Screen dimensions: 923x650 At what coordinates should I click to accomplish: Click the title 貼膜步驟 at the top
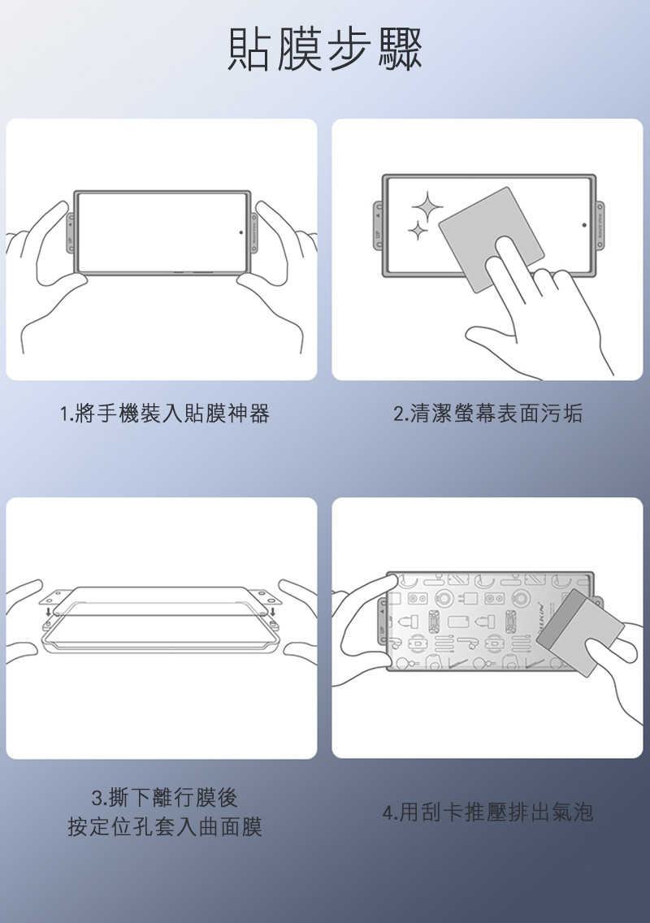(x=325, y=50)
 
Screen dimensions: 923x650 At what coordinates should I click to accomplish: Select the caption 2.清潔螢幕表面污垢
(x=487, y=414)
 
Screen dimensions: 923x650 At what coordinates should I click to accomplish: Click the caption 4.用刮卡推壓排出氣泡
(x=487, y=812)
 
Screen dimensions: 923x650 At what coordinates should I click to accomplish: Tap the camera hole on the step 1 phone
(x=240, y=232)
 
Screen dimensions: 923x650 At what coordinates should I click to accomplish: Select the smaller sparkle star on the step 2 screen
(x=418, y=232)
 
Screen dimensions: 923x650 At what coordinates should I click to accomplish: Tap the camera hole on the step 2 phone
(x=584, y=225)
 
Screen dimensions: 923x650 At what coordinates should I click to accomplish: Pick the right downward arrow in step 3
(x=273, y=612)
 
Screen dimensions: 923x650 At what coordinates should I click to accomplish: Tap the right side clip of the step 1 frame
(x=254, y=233)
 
